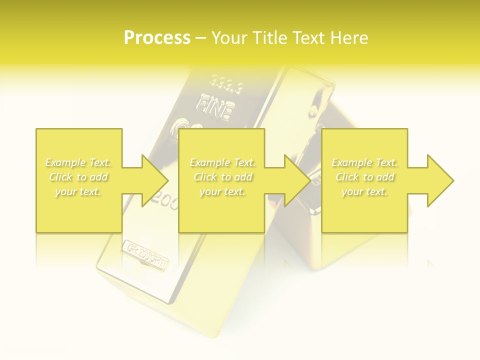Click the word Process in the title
point(157,38)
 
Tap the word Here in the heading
point(349,38)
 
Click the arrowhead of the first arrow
point(155,180)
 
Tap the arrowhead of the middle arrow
point(298,180)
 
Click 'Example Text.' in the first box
point(78,162)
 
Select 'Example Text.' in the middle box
point(222,162)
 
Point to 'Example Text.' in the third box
point(364,162)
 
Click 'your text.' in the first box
point(78,191)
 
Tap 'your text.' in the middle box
point(222,191)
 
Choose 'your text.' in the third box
point(364,191)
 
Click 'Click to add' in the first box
point(78,177)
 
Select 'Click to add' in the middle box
point(222,177)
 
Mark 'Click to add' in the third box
point(364,177)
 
